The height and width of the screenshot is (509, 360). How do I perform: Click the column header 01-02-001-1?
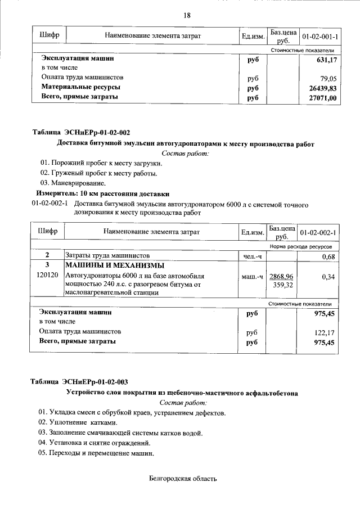pyautogui.click(x=320, y=37)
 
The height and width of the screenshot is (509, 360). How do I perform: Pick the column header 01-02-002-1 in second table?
pyautogui.click(x=318, y=232)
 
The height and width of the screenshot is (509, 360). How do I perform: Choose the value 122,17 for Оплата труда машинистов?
pyautogui.click(x=326, y=332)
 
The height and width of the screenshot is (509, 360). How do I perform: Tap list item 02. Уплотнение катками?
pyautogui.click(x=78, y=422)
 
